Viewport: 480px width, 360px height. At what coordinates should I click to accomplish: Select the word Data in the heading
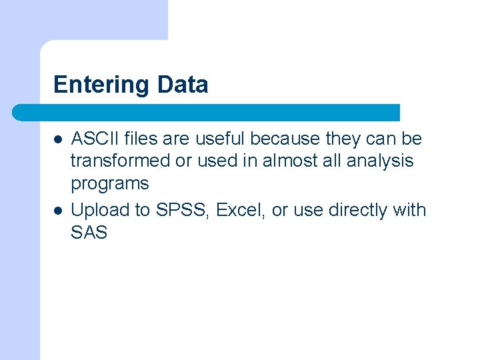(x=183, y=85)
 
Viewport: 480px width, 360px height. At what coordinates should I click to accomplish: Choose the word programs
(x=110, y=183)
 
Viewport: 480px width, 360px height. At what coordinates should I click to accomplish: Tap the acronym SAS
(x=89, y=233)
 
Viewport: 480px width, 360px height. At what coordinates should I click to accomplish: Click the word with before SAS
(x=409, y=210)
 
